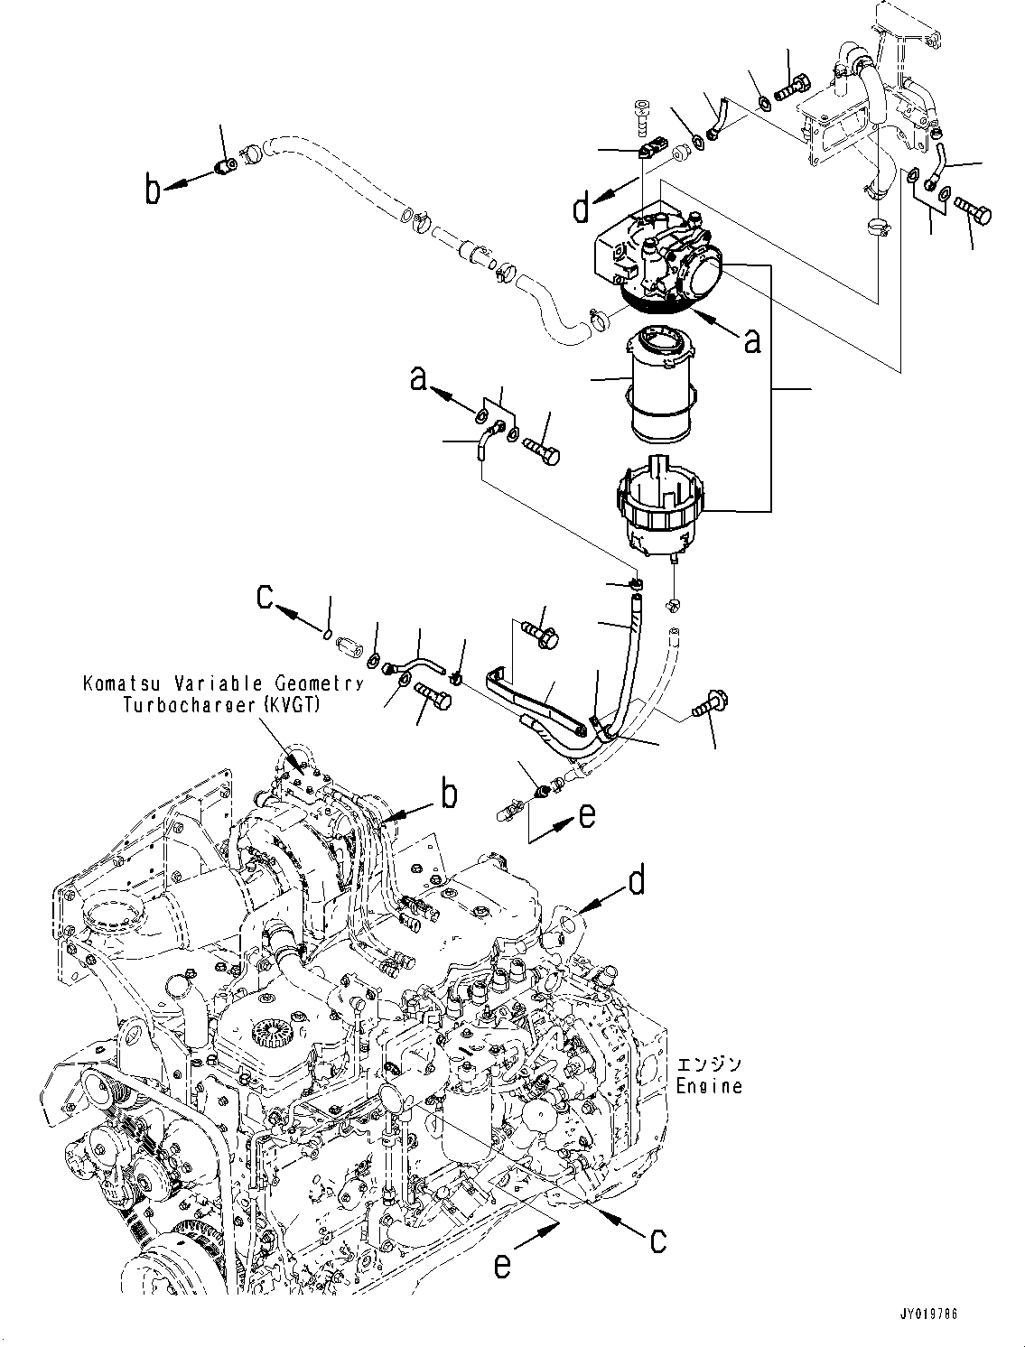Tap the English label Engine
coord(709,1086)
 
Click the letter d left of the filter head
coord(582,209)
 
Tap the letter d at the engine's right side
coord(638,880)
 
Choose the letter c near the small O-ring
coord(266,599)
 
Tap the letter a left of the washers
coord(417,379)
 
